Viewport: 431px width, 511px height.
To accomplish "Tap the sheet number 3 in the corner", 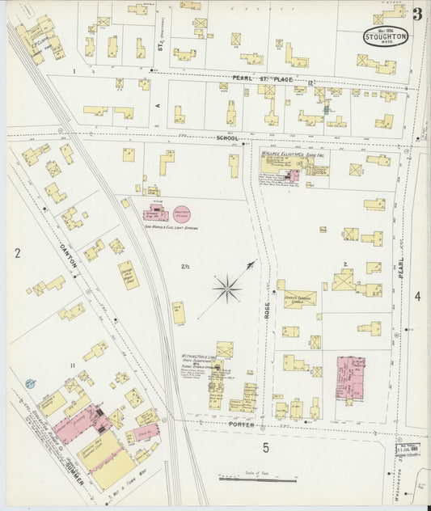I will click(416, 14).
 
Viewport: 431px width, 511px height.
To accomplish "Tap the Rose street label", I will click(264, 308).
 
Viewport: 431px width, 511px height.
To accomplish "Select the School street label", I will click(227, 138).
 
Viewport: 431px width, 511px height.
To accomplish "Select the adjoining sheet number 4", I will click(417, 297).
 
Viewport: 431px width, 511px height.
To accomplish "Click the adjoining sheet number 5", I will click(264, 446).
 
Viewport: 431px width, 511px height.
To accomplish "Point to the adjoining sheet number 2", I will click(16, 253).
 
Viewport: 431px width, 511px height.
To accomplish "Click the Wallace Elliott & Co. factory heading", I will click(291, 152).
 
